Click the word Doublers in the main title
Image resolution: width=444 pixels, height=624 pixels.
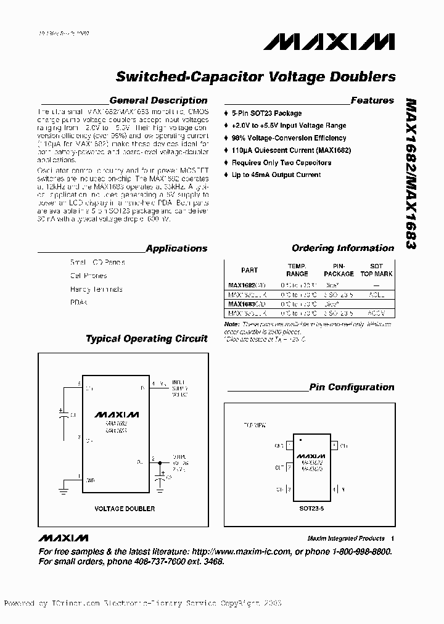point(364,77)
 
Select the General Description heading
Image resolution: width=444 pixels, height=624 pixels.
point(158,101)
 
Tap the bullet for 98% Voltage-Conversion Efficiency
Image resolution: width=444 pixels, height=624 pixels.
point(227,138)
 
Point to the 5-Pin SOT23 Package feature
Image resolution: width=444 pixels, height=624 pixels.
point(266,113)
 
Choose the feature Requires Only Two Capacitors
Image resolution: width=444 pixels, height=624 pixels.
point(281,163)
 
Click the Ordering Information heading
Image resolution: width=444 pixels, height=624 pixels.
point(342,248)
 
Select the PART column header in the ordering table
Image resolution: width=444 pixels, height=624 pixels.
point(249,269)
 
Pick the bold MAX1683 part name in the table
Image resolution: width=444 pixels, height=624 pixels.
point(241,304)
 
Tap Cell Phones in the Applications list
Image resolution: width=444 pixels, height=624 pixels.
point(88,276)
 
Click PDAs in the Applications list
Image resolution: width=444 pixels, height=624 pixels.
point(79,303)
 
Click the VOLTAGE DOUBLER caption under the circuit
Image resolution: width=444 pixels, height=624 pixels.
point(124,509)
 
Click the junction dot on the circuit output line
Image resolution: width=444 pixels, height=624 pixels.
point(162,461)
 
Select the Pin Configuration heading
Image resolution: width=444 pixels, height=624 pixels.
point(351,387)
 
